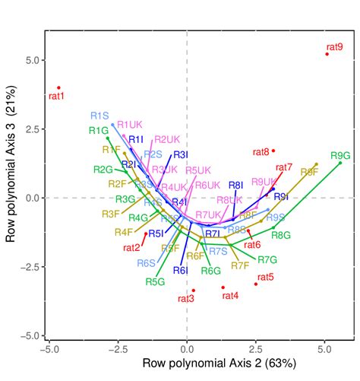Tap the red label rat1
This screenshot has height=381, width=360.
pyautogui.click(x=57, y=97)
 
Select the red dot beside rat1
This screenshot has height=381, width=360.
pyautogui.click(x=58, y=87)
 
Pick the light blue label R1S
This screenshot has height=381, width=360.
pyautogui.click(x=100, y=116)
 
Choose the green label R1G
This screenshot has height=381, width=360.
pyautogui.click(x=98, y=130)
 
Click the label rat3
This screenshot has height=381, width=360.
pyautogui.click(x=186, y=298)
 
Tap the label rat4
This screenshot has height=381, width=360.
pyautogui.click(x=229, y=295)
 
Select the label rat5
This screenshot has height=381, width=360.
pyautogui.click(x=265, y=278)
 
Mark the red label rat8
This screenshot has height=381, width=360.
pyautogui.click(x=261, y=151)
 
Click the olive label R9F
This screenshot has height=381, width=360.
pyautogui.click(x=309, y=173)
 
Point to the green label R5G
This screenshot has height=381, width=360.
pyautogui.click(x=155, y=281)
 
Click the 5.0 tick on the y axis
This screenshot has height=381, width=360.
pyautogui.click(x=30, y=60)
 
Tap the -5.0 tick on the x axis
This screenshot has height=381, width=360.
pyautogui.click(x=49, y=350)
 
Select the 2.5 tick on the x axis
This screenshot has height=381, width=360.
pyautogui.click(x=256, y=350)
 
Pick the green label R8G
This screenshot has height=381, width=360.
pyautogui.click(x=281, y=236)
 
